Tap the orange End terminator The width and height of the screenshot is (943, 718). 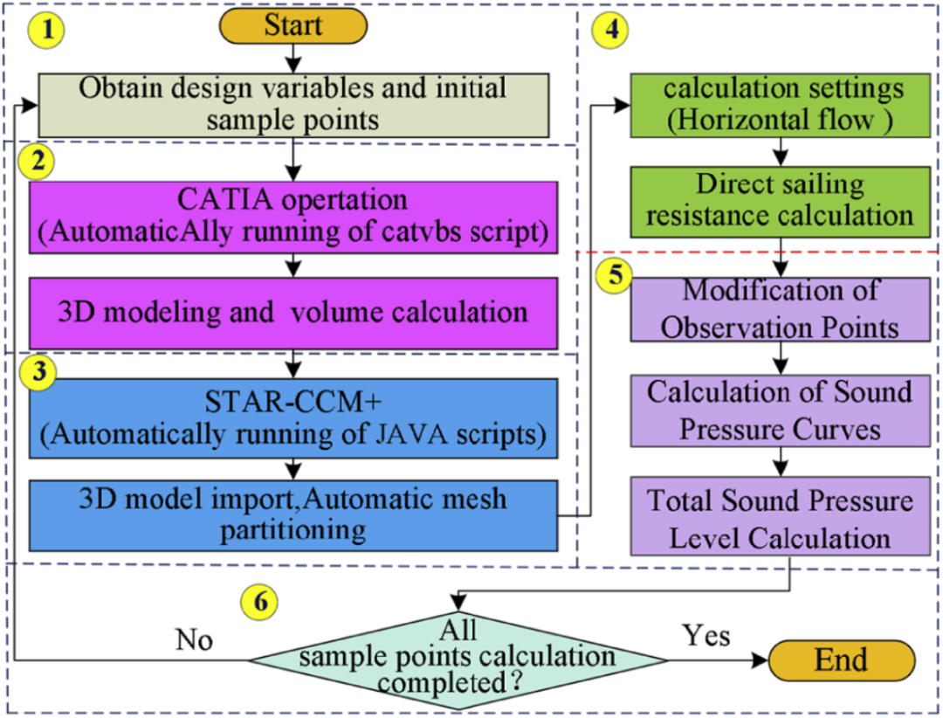click(x=841, y=659)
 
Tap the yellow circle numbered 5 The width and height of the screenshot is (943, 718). click(x=616, y=273)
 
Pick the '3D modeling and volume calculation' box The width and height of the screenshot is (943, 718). click(x=293, y=312)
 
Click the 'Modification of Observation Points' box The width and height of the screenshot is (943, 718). click(x=780, y=309)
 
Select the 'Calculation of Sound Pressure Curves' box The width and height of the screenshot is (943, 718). click(x=780, y=409)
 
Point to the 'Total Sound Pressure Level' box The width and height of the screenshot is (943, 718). click(x=780, y=519)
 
